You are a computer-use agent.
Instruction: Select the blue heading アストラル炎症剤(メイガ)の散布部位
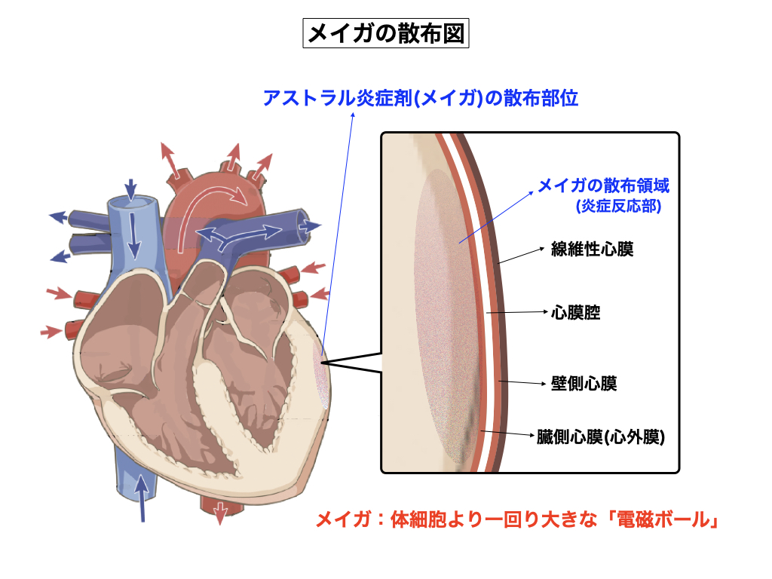420,98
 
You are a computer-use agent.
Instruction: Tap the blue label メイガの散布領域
603,185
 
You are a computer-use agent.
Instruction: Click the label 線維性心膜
593,249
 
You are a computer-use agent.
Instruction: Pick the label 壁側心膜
584,384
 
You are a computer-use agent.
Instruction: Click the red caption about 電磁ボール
515,520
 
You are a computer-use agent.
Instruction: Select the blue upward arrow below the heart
142,498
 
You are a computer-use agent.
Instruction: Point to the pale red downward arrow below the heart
220,513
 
